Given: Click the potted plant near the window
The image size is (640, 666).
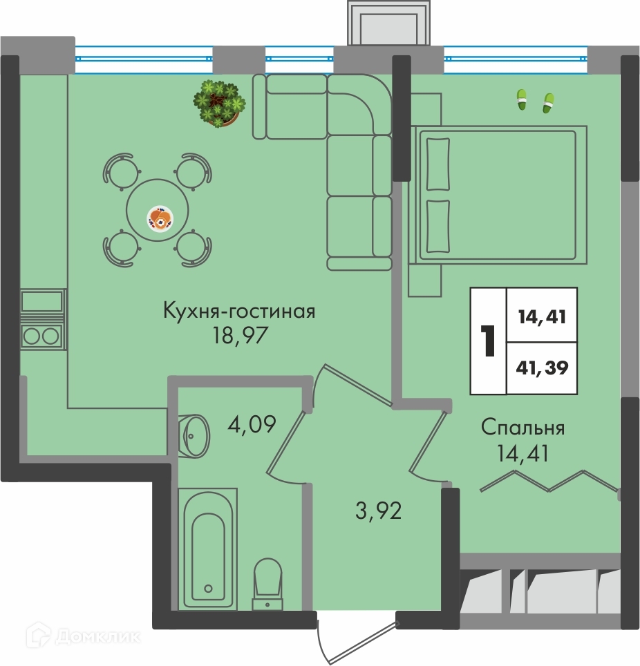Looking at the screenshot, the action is point(219,104).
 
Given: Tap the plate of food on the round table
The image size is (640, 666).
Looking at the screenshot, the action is point(160,218).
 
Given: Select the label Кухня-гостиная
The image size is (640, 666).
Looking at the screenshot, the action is point(239,312).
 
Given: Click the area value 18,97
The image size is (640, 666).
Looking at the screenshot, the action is point(241,336).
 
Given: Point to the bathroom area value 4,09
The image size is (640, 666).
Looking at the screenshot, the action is point(252,424).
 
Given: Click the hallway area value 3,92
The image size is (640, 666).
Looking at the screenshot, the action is point(378,511).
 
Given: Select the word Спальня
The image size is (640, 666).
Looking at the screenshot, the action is point(523,428).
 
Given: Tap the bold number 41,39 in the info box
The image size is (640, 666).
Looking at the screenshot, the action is point(542,368).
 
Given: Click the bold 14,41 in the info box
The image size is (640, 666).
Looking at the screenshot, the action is point(542,317).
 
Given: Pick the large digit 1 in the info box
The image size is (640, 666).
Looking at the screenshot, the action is point(488,341).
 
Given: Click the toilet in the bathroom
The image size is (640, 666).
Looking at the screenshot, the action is point(267,584).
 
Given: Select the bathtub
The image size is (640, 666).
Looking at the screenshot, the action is point(208,549).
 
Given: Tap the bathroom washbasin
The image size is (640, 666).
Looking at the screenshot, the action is point(194,436).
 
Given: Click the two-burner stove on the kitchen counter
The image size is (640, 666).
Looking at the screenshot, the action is point(41,336).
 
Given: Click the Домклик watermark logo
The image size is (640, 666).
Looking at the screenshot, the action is point(84,636).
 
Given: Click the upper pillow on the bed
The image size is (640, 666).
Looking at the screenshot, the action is point(437,164).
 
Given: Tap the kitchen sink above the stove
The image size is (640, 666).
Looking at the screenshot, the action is point(41,301).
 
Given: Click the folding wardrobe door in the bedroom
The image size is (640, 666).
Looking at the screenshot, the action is point(549,482).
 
